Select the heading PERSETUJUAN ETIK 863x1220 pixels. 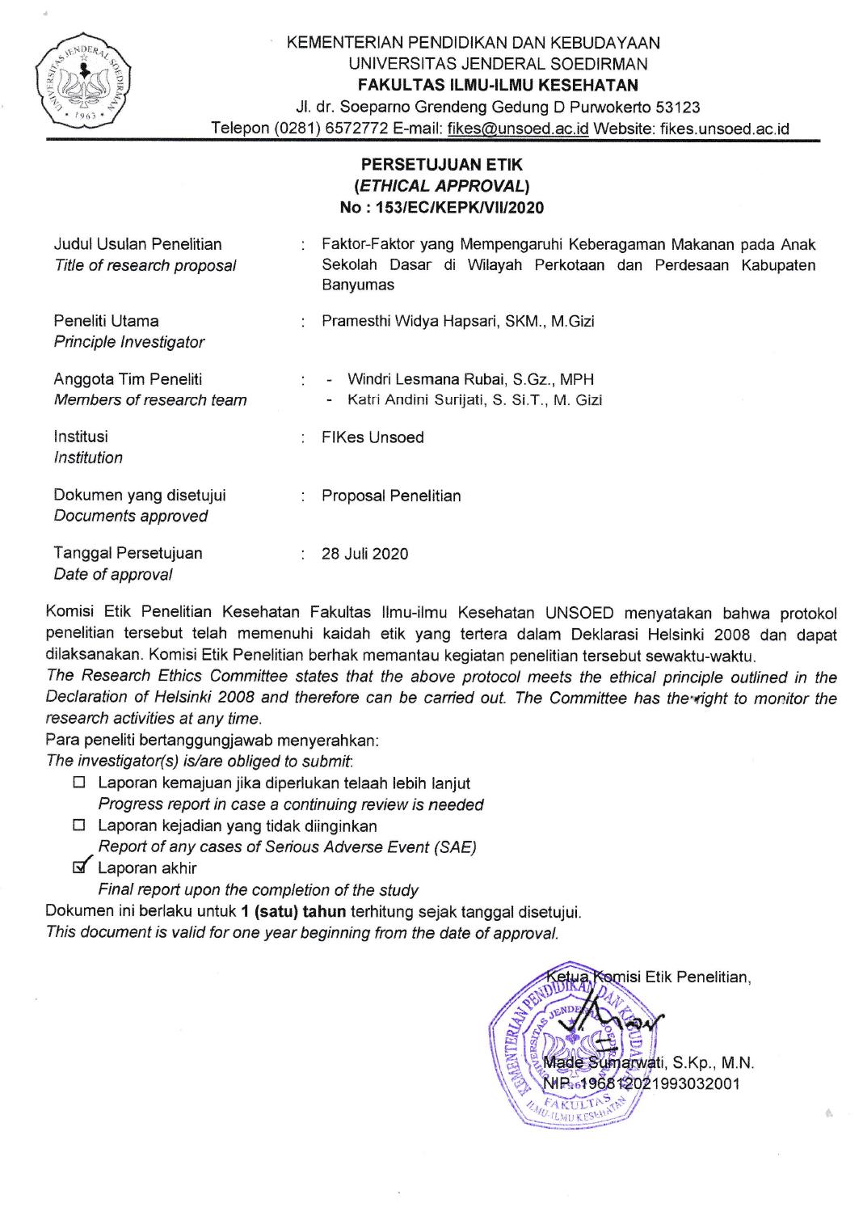tap(443, 165)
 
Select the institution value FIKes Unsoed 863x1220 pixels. tap(373, 437)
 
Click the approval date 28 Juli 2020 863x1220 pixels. tap(365, 554)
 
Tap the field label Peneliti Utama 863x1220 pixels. tap(106, 321)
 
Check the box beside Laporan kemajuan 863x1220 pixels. tap(78, 783)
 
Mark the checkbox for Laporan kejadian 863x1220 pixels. tap(78, 826)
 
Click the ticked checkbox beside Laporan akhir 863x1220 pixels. tap(78, 868)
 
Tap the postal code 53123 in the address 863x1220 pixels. tap(678, 107)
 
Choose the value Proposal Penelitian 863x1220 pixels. tap(391, 496)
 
